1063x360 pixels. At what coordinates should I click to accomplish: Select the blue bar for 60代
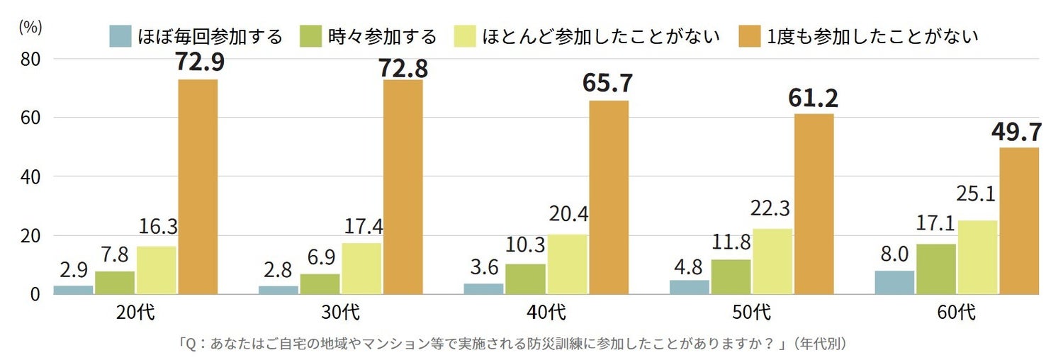[x=894, y=282]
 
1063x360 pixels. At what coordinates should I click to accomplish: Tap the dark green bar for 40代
[x=525, y=279]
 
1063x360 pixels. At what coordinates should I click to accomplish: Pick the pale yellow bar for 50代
[x=772, y=261]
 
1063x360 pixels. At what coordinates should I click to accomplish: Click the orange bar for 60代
[x=1019, y=220]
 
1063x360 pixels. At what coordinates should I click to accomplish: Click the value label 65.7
[x=608, y=82]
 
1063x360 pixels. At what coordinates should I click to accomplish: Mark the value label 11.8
[x=731, y=242]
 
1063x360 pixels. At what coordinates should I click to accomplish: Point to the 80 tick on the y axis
[x=29, y=60]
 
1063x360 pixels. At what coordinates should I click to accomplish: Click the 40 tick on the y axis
[x=29, y=176]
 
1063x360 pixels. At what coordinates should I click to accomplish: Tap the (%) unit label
[x=30, y=27]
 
